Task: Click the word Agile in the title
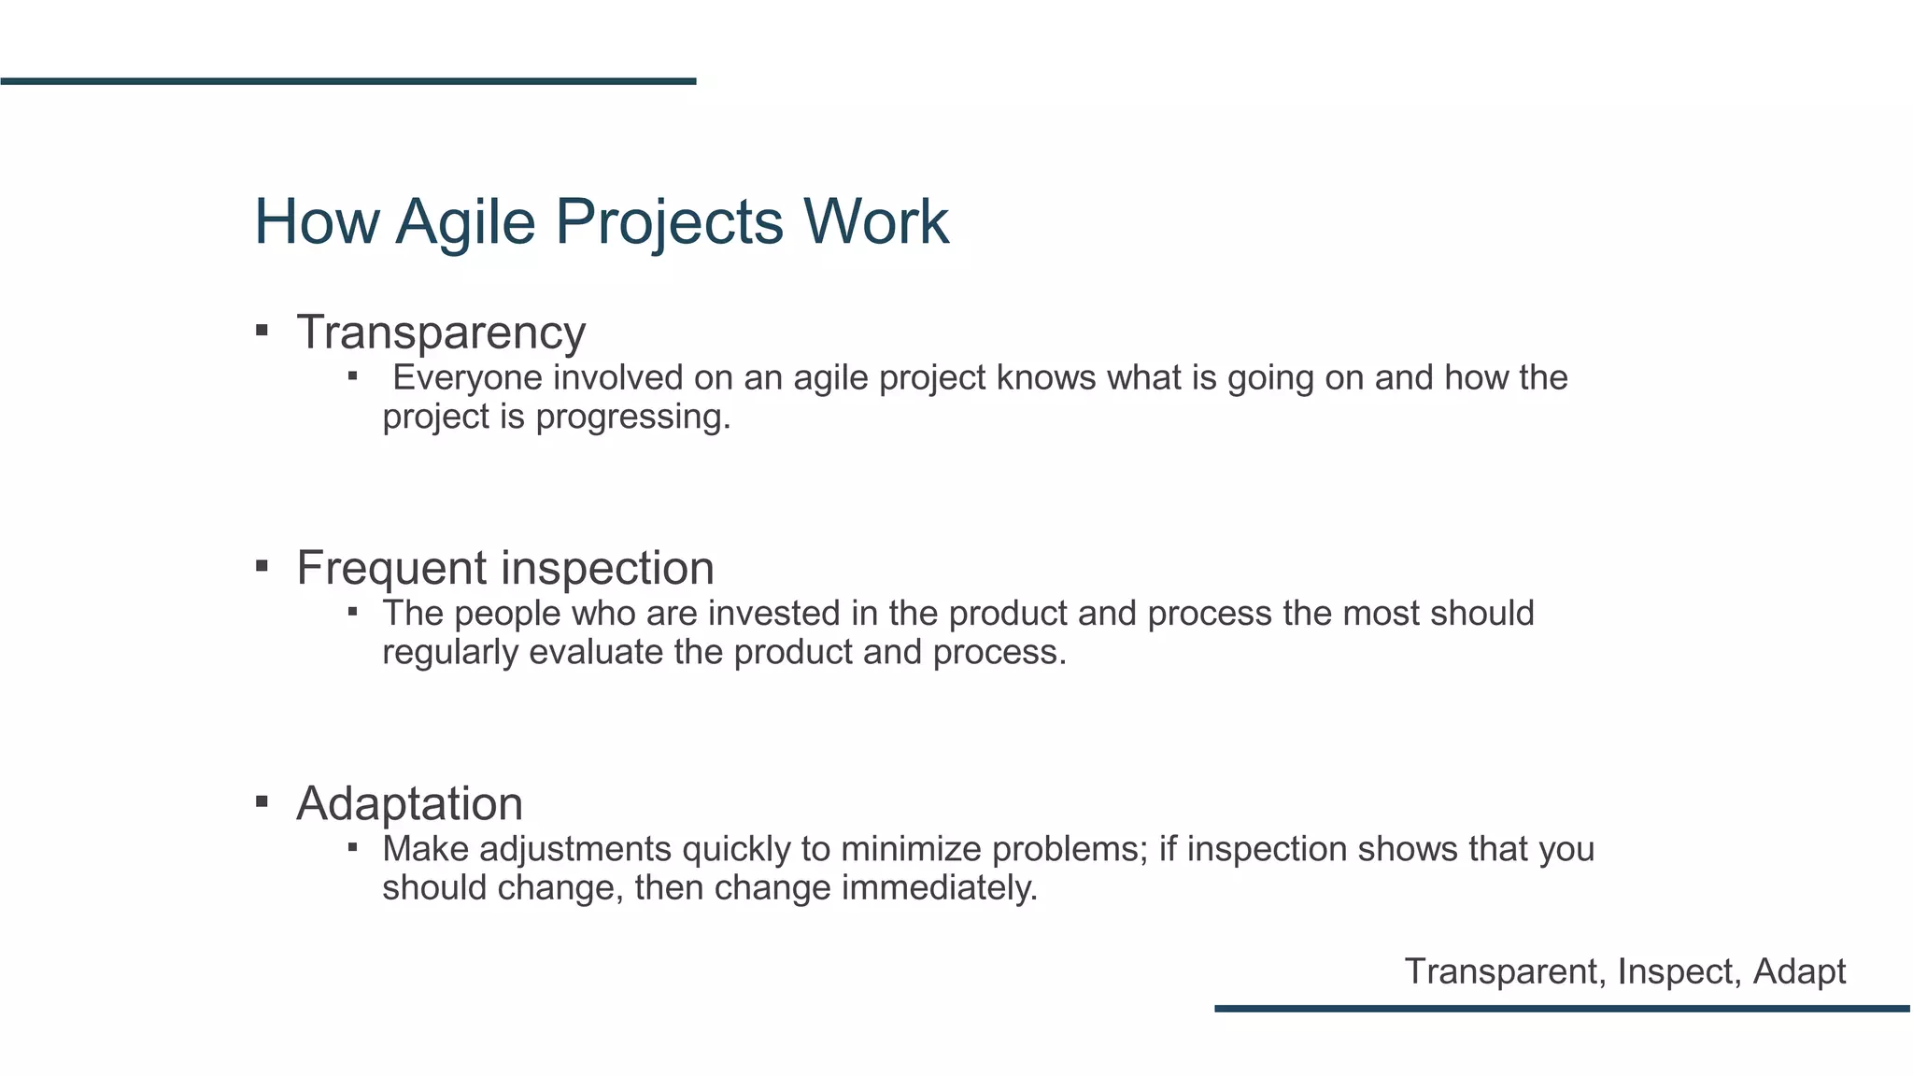(x=464, y=222)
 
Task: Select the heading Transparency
(x=441, y=333)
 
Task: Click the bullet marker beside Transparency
(x=262, y=330)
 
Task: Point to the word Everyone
(x=467, y=378)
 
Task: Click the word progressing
(x=632, y=418)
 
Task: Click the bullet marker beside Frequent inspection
(x=262, y=565)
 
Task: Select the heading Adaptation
(x=409, y=803)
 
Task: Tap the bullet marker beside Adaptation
(x=262, y=800)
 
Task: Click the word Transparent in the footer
(x=1505, y=971)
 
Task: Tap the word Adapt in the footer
(x=1799, y=972)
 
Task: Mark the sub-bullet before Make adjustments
(x=353, y=847)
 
